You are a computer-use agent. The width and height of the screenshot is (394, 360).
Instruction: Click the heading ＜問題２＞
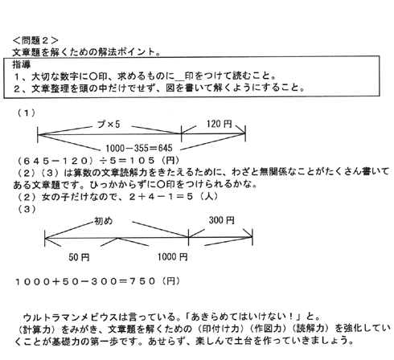coord(35,40)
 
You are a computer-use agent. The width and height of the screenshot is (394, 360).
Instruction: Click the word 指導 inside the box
coord(22,64)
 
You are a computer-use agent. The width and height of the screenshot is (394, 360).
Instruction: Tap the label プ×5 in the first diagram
coord(109,124)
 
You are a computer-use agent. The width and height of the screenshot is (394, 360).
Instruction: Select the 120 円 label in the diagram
coord(219,124)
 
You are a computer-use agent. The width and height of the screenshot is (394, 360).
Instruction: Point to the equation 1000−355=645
coord(139,148)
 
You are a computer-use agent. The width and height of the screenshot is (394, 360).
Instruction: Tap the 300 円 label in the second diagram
coord(221,220)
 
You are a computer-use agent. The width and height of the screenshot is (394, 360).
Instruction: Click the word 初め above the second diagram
coord(103,221)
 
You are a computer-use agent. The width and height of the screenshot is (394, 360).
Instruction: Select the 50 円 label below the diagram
coord(79,257)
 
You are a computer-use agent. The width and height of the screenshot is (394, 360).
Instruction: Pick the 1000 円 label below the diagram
coord(172,257)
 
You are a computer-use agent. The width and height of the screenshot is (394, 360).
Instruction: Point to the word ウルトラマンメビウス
coord(71,317)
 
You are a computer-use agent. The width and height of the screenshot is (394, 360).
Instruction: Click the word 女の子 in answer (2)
coord(55,197)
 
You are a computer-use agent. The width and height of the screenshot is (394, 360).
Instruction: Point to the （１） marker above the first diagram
coord(27,113)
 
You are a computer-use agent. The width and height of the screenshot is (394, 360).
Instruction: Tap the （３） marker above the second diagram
coord(27,209)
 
